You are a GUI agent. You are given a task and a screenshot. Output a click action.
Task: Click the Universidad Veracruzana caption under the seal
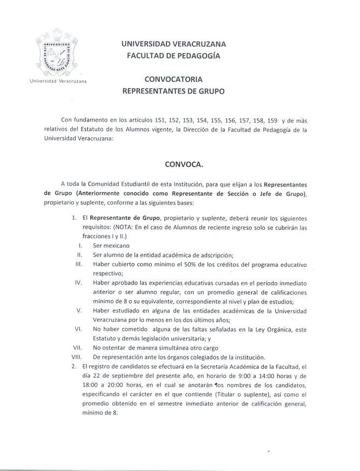click(58, 81)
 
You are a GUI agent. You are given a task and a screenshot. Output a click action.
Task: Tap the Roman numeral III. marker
click(78, 264)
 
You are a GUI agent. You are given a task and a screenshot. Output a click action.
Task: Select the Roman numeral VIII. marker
click(76, 356)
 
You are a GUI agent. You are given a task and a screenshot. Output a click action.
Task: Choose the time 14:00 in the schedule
click(273, 375)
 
